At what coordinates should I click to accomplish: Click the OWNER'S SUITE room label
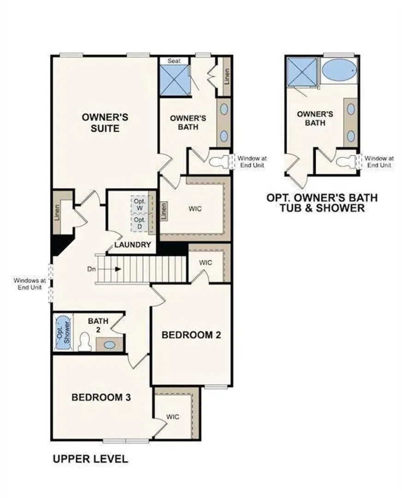(105, 123)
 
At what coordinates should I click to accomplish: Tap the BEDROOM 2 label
(191, 335)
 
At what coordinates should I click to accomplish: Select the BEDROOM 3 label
(101, 397)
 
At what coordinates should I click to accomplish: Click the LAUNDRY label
(133, 244)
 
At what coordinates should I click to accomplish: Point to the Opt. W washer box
(140, 205)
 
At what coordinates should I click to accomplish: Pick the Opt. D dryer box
(140, 223)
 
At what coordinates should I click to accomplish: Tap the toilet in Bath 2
(85, 342)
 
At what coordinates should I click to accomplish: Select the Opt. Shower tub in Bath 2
(63, 332)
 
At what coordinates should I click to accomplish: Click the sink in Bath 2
(110, 344)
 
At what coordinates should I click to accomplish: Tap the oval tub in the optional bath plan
(339, 70)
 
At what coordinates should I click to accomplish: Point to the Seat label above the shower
(174, 61)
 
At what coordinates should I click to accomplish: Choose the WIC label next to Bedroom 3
(173, 417)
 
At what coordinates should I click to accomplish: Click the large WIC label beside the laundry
(195, 209)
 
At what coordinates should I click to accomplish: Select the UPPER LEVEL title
(90, 459)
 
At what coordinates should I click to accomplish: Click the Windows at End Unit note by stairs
(30, 284)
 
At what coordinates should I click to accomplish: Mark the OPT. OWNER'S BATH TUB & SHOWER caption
(322, 202)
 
